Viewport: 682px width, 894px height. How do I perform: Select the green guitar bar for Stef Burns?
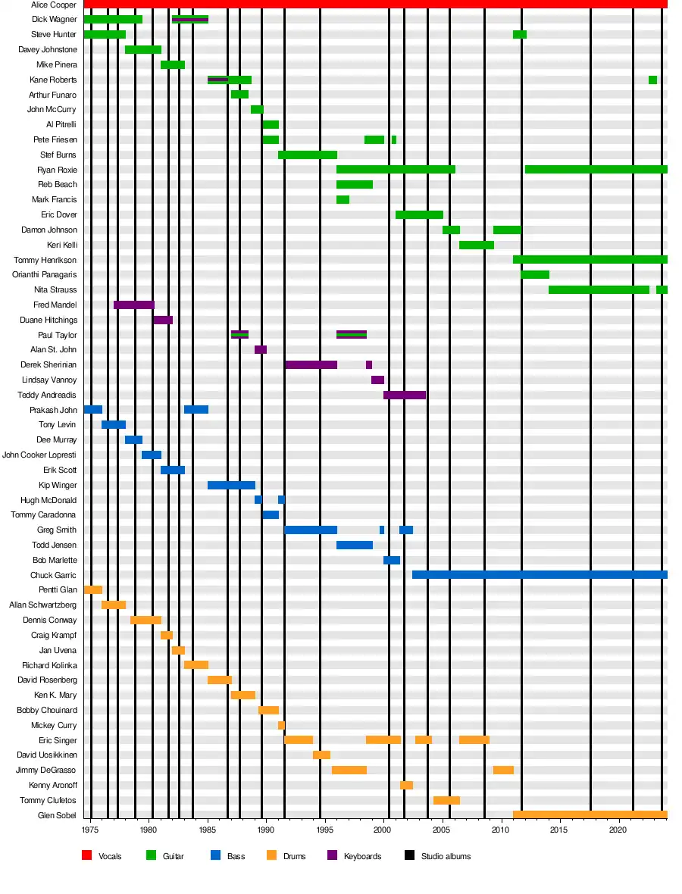pyautogui.click(x=307, y=155)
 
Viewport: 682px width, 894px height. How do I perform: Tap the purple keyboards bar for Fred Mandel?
pyautogui.click(x=134, y=305)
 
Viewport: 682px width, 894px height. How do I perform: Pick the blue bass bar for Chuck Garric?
pyautogui.click(x=539, y=575)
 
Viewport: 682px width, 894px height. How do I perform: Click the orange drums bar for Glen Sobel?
pyautogui.click(x=590, y=815)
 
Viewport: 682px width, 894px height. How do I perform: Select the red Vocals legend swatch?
pyautogui.click(x=87, y=856)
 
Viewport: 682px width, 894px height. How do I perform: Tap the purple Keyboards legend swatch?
pyautogui.click(x=332, y=856)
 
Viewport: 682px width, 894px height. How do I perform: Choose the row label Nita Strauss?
pyautogui.click(x=55, y=290)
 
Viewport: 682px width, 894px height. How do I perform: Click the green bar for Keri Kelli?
pyautogui.click(x=476, y=245)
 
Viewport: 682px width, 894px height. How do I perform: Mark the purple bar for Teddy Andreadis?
pyautogui.click(x=404, y=395)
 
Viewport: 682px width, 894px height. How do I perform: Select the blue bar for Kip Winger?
pyautogui.click(x=231, y=485)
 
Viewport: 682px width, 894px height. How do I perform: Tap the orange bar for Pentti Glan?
pyautogui.click(x=92, y=589)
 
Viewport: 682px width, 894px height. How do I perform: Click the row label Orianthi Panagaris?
pyautogui.click(x=44, y=275)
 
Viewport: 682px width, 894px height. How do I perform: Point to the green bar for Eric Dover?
pyautogui.click(x=419, y=214)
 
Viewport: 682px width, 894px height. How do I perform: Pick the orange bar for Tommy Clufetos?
pyautogui.click(x=446, y=800)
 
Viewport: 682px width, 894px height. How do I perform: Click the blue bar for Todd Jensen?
pyautogui.click(x=354, y=545)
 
